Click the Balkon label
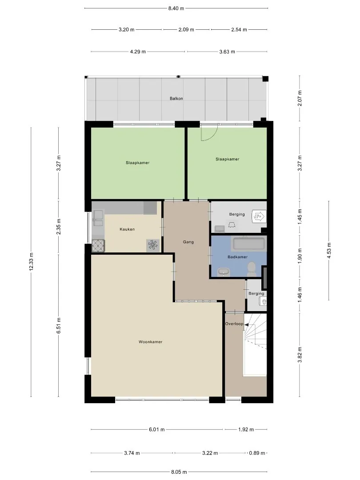pyautogui.click(x=176, y=99)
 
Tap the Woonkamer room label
pyautogui.click(x=150, y=342)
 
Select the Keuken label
pyautogui.click(x=127, y=229)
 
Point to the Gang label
pyautogui.click(x=188, y=242)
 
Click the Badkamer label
pyautogui.click(x=237, y=257)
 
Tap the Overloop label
pyautogui.click(x=234, y=324)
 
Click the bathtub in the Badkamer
pyautogui.click(x=249, y=244)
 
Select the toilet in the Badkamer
pyautogui.click(x=252, y=268)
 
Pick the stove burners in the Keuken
pyautogui.click(x=98, y=246)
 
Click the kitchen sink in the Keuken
pyautogui.click(x=98, y=218)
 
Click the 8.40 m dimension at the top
pyautogui.click(x=176, y=8)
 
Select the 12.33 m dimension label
pyautogui.click(x=31, y=262)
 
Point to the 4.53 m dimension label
pyautogui.click(x=329, y=250)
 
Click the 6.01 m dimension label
pyautogui.click(x=157, y=429)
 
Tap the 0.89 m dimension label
pyautogui.click(x=257, y=453)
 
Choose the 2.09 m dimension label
pyautogui.click(x=186, y=30)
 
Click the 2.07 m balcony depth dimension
pyautogui.click(x=300, y=98)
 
